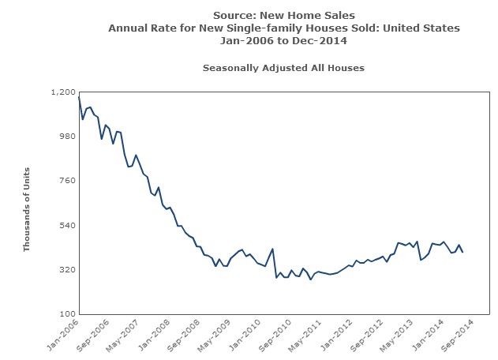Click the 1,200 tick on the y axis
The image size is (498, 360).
(x=62, y=92)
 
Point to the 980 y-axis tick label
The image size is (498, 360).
(x=66, y=137)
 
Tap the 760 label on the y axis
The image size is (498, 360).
(x=66, y=181)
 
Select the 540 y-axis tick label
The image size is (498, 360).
(x=66, y=226)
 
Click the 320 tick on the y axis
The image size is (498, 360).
(x=66, y=270)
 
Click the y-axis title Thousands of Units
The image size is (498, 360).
(x=26, y=209)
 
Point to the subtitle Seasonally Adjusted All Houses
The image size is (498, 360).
(x=283, y=68)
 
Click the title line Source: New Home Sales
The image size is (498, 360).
(x=284, y=15)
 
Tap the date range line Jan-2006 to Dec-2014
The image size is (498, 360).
(x=284, y=40)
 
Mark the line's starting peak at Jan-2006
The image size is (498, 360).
(x=79, y=97)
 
